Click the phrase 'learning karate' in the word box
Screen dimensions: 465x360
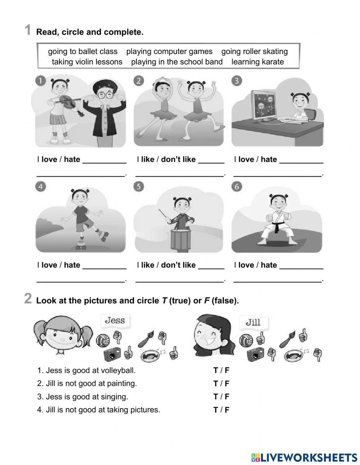257,62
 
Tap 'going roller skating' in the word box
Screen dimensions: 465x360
255,52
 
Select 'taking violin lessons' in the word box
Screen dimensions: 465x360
87,62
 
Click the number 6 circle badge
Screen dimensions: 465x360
237,187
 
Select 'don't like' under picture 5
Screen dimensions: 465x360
178,265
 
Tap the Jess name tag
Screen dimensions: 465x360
114,320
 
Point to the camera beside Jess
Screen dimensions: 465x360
112,354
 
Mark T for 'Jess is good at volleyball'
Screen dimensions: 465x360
215,370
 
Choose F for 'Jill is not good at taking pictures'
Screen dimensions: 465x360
227,410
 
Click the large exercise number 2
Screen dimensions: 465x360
28,299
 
